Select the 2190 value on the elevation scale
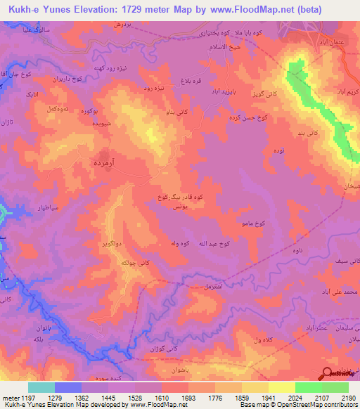(x=349, y=398)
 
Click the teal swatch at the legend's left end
(x=41, y=387)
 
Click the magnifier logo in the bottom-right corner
(x=327, y=374)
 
